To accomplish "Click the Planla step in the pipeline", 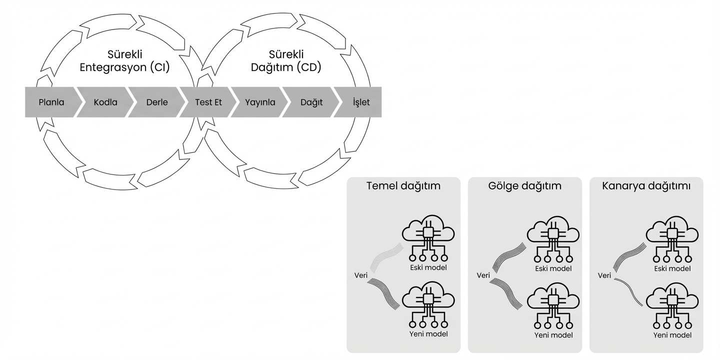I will [x=51, y=102].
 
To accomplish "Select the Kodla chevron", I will [x=105, y=102].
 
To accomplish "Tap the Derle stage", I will [x=157, y=102].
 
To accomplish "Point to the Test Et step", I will [x=208, y=102].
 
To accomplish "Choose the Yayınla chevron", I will [x=260, y=102].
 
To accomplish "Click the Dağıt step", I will [x=311, y=102].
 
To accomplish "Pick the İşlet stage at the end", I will [x=361, y=102].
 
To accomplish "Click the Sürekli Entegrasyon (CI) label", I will [x=125, y=61].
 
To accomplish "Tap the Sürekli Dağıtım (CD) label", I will [x=286, y=61].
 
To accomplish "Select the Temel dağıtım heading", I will [x=403, y=186].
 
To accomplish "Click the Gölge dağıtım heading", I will [x=525, y=186].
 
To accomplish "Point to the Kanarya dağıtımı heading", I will [x=646, y=186].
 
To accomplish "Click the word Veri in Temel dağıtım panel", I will [x=360, y=275].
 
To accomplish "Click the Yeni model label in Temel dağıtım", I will [x=428, y=334].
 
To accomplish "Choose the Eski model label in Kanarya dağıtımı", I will [x=672, y=268].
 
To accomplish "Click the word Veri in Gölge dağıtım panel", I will [x=483, y=275].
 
